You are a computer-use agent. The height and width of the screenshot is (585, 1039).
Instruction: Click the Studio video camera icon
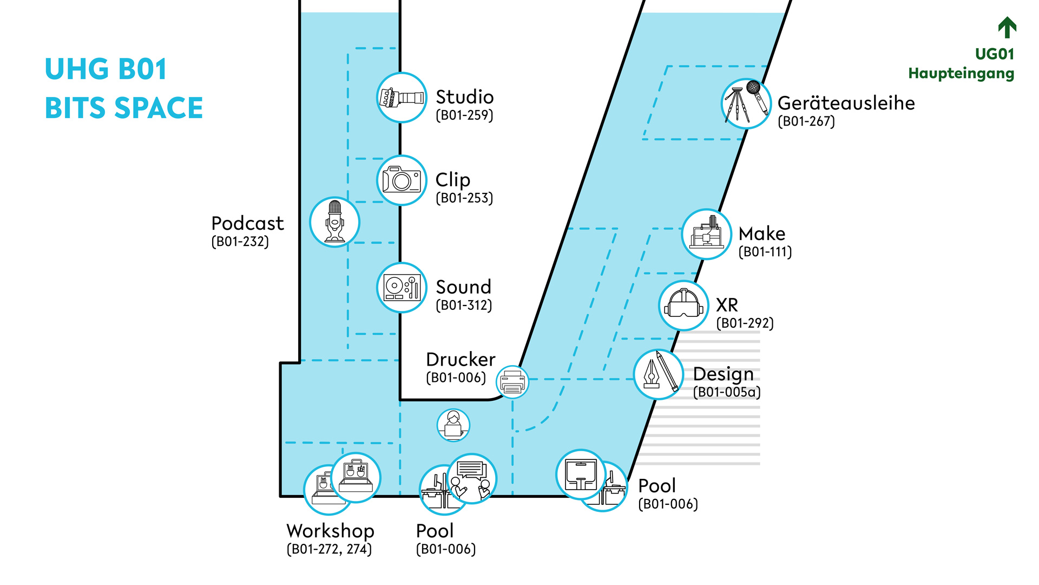click(x=402, y=98)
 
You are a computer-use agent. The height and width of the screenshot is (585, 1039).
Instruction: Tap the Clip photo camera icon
click(x=402, y=180)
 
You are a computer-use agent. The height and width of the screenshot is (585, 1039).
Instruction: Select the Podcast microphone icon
click(x=334, y=222)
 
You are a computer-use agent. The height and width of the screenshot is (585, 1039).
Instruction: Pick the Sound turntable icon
click(x=402, y=288)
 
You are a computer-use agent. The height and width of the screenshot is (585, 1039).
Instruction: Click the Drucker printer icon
click(x=512, y=382)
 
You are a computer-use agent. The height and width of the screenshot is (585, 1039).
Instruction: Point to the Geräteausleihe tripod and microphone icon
click(x=746, y=103)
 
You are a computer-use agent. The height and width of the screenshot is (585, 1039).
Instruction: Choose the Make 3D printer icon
click(x=706, y=234)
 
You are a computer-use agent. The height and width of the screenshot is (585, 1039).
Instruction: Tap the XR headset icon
click(x=683, y=305)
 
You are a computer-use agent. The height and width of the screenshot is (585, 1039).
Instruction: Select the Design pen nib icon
click(x=659, y=374)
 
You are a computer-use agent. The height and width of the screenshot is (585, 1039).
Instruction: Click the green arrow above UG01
click(x=1007, y=28)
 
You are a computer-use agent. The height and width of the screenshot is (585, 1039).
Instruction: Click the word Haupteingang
click(x=961, y=73)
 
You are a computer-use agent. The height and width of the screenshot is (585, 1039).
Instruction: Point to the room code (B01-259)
click(x=464, y=115)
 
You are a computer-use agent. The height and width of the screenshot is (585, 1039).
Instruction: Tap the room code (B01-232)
click(x=240, y=242)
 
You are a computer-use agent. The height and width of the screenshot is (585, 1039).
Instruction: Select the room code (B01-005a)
click(x=727, y=392)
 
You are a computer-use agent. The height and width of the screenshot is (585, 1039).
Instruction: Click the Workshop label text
click(x=330, y=531)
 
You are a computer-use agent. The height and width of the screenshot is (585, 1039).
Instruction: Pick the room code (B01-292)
click(x=745, y=323)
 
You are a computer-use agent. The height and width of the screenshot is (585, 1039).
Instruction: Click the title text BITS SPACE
click(x=124, y=108)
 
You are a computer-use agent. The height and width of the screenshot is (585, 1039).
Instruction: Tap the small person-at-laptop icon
click(x=453, y=425)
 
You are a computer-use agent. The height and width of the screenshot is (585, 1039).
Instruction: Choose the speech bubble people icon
click(x=472, y=479)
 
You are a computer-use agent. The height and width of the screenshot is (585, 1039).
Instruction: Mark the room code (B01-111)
click(x=765, y=252)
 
